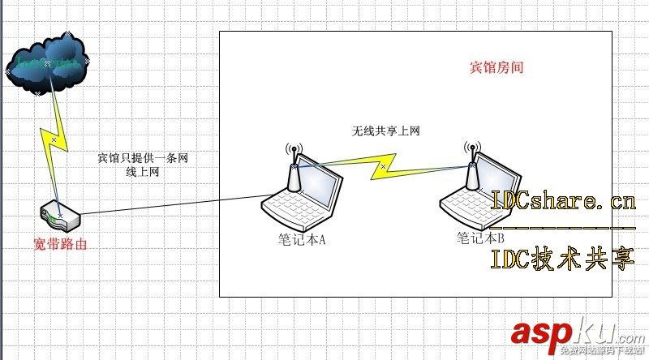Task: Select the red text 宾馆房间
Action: (496, 67)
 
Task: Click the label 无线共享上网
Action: (385, 131)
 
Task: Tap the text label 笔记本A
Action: (301, 240)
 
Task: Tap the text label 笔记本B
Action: (480, 238)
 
